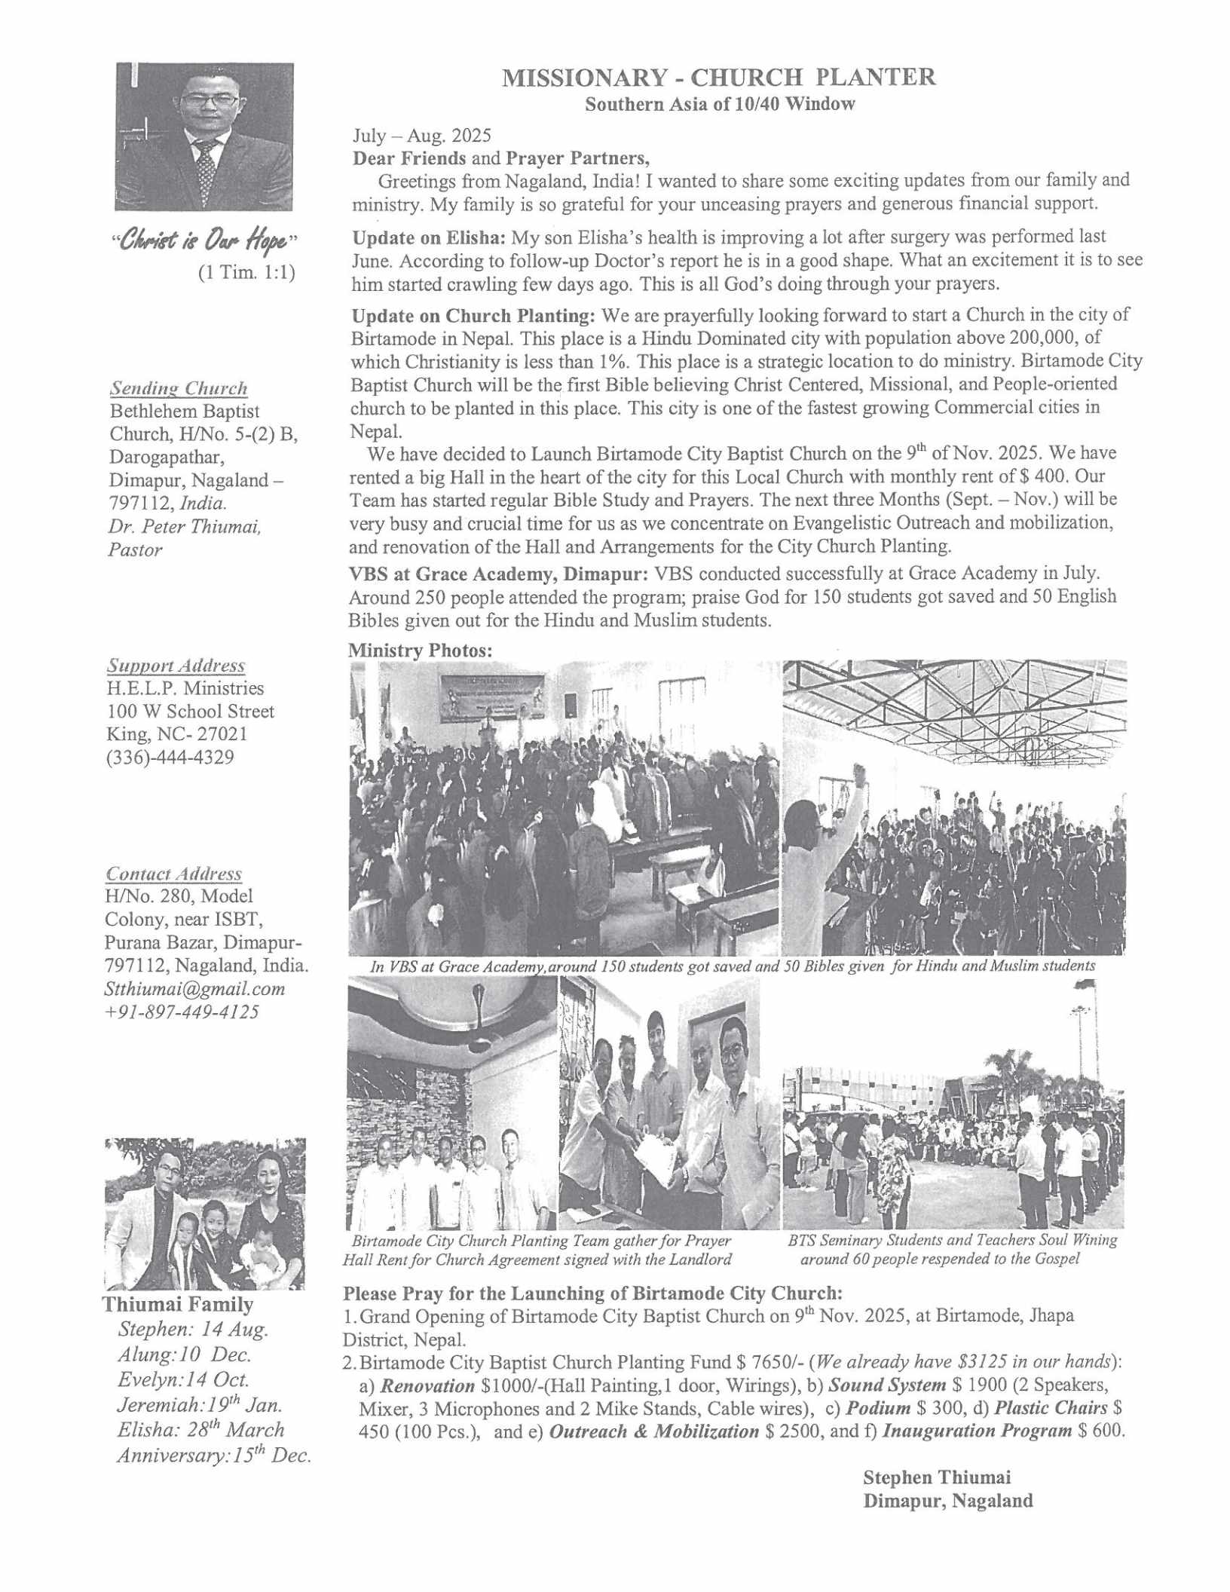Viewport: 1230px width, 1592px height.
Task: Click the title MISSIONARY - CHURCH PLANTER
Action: click(719, 78)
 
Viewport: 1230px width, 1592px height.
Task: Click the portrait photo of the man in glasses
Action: click(203, 136)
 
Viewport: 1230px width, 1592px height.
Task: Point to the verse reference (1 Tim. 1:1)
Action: click(246, 271)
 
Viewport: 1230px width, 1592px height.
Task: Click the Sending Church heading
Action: click(179, 388)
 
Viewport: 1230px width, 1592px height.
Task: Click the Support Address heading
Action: click(176, 666)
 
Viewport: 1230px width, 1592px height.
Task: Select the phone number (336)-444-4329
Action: click(170, 757)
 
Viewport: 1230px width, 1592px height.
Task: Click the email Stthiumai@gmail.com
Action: click(194, 988)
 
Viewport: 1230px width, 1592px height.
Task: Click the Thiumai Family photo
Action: click(205, 1214)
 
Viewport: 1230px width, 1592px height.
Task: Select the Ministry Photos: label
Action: click(420, 650)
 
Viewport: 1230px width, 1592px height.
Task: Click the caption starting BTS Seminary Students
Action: click(952, 1240)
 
